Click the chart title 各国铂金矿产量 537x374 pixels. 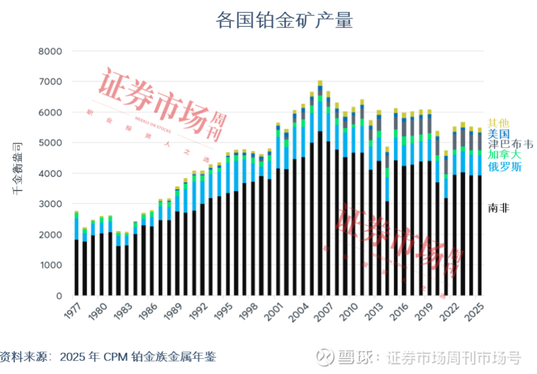pos(284,21)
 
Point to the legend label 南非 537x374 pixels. pos(498,208)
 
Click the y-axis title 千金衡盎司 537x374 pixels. pos(18,168)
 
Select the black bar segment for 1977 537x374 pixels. pos(76,268)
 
